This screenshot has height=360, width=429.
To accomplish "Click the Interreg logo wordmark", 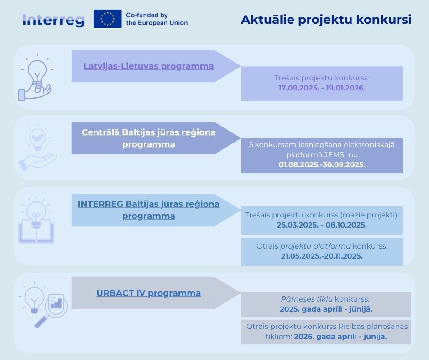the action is coord(53,20).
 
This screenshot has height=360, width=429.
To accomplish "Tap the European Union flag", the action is coord(108,19).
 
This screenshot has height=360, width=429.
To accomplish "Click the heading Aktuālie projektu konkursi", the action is coord(326,20).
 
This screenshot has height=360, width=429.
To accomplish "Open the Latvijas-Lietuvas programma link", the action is coord(149,66).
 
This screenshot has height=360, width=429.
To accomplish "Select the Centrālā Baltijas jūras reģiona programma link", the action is coord(149,138).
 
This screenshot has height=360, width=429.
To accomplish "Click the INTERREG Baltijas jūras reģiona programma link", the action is coord(149,210).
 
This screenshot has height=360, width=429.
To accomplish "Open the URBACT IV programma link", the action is coord(149,293).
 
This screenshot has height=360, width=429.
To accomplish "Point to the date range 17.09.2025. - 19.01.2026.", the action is coord(322,88).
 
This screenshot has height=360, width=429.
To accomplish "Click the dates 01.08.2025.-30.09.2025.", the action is coord(322,164).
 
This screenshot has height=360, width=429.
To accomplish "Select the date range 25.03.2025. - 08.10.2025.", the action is coord(322,225).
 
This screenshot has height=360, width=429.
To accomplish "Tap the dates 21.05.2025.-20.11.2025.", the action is coord(322,256).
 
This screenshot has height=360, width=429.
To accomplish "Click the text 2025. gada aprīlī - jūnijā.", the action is coord(326,309).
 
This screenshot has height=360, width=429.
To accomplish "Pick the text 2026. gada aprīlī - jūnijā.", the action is coord(340,336).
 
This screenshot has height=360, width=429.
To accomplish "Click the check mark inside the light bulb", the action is coord(37,137).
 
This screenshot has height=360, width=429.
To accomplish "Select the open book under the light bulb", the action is coord(36,231).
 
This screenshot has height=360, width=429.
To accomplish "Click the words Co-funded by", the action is coord(146,15).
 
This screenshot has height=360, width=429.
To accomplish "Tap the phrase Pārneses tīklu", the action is coord(307,299).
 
